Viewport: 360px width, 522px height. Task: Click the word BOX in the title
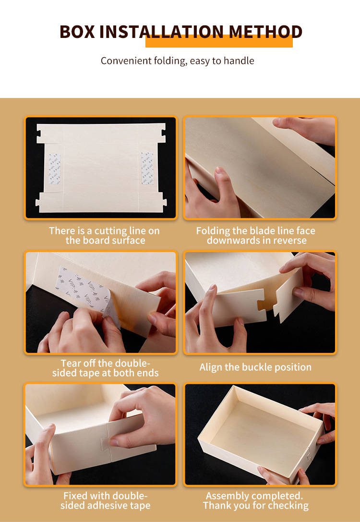tap(77, 32)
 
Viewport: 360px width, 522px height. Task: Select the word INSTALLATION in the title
tap(162, 32)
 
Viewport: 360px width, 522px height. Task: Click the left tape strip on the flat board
tap(55, 169)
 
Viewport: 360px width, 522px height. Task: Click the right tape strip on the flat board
tap(147, 168)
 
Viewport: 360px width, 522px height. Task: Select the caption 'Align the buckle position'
tap(255, 367)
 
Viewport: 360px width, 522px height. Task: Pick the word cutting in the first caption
tap(114, 231)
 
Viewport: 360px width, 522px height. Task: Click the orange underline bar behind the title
tap(219, 41)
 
